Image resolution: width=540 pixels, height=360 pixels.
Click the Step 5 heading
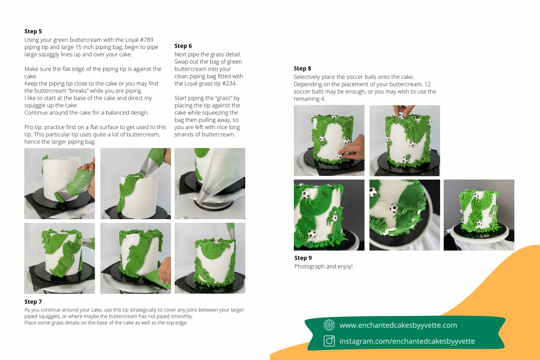[x=33, y=31]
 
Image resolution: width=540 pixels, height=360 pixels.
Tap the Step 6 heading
[x=183, y=46]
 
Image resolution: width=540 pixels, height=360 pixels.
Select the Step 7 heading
[x=33, y=301]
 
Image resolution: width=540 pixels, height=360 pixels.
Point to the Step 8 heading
[x=302, y=68]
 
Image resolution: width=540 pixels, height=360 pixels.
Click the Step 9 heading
[x=303, y=258]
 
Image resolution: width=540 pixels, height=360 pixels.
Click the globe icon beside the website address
[x=329, y=325]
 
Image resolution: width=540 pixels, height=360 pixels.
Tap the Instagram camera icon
[x=329, y=341]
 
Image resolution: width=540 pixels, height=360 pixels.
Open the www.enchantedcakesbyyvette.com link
[x=398, y=325]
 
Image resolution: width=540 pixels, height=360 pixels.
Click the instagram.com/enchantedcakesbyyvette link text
[x=407, y=341]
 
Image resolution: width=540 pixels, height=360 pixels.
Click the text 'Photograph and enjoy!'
[x=324, y=266]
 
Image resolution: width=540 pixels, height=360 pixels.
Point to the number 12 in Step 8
[x=427, y=85]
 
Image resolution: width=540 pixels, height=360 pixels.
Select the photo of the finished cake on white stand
[x=479, y=215]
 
